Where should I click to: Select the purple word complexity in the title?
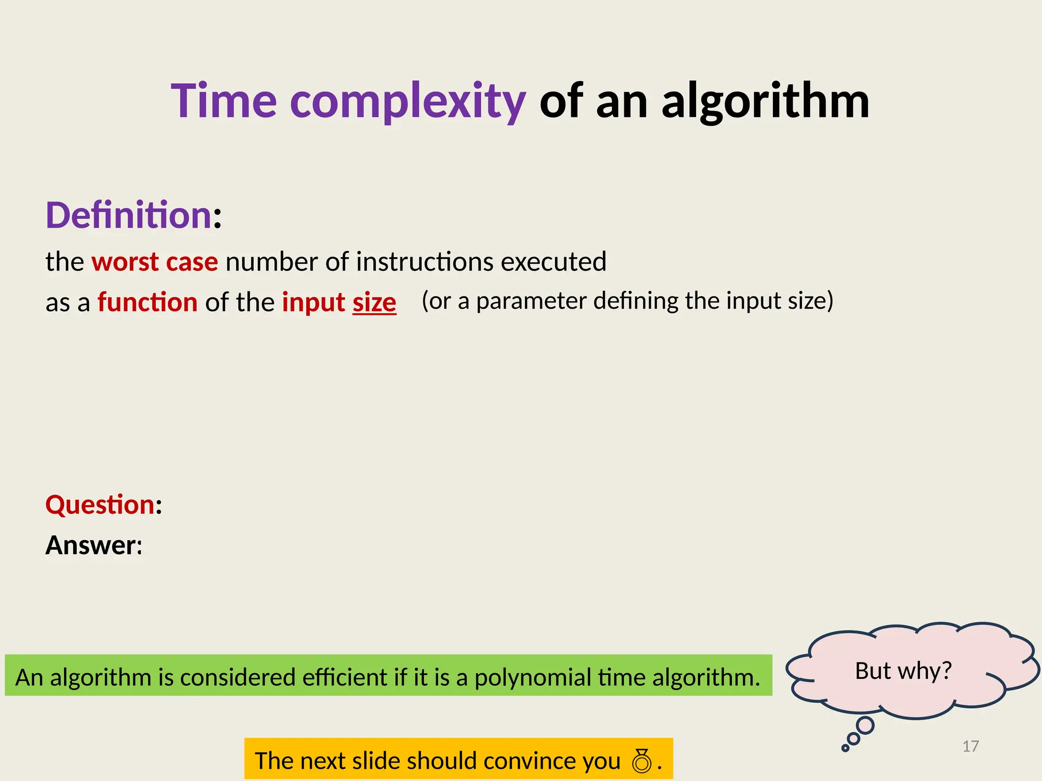tap(408, 102)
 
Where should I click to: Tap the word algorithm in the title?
tap(765, 102)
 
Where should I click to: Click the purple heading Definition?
tap(128, 215)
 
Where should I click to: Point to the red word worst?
tap(125, 262)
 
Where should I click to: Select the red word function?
tap(148, 303)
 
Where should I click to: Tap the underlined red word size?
tap(374, 303)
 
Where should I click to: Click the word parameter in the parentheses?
tap(531, 301)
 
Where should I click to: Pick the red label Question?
tap(100, 505)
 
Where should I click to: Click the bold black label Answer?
tap(91, 546)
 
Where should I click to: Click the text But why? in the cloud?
tap(903, 671)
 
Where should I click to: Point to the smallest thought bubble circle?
tap(845, 748)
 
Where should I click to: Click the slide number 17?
tap(970, 746)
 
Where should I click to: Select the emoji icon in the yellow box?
tap(642, 761)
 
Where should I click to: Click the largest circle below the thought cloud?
tap(865, 726)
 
